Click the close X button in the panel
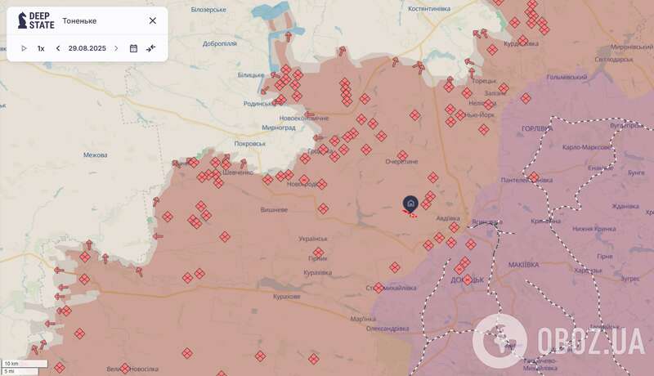coord(152,20)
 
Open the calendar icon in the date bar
coord(133,48)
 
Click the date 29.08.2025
coord(87,48)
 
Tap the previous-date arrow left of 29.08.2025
coord(58,48)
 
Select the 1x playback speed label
coord(41,48)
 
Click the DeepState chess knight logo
coord(23,20)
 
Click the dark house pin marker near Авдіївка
coord(410,203)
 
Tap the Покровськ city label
coord(250,143)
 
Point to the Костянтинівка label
coord(428,8)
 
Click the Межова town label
coord(96,154)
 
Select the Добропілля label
coord(220,43)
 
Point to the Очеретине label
coord(401,161)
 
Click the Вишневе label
coord(273,210)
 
